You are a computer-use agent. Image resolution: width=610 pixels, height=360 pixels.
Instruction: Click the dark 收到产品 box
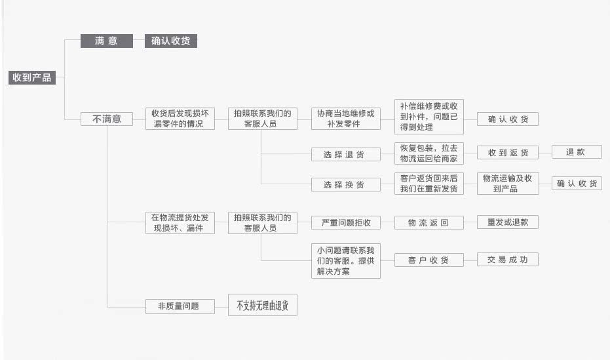(32, 77)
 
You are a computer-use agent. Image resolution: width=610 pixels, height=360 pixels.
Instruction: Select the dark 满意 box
(106, 41)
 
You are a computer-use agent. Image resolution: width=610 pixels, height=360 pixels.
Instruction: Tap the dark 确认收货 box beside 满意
(171, 41)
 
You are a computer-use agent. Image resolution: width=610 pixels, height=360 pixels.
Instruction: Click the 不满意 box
(106, 119)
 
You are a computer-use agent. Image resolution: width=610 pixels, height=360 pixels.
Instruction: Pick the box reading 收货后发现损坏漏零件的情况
(180, 119)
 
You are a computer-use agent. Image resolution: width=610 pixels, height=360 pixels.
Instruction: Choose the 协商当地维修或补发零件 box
(346, 119)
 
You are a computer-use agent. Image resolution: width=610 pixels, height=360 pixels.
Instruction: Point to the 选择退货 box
(346, 155)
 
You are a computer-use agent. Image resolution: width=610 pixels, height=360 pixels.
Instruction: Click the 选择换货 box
(346, 185)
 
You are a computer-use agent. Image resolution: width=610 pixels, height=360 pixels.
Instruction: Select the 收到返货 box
(508, 153)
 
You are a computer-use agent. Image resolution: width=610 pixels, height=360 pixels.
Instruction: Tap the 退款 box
(577, 152)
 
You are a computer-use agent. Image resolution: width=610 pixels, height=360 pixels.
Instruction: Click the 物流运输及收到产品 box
(508, 184)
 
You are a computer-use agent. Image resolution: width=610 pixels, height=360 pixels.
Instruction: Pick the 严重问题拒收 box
(346, 223)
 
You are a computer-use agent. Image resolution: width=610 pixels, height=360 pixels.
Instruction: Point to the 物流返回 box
(429, 223)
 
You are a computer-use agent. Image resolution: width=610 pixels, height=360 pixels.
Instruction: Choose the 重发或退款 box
(508, 222)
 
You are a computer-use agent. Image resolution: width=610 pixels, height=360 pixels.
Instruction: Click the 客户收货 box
(429, 260)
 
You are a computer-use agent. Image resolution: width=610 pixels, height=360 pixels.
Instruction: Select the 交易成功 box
(508, 260)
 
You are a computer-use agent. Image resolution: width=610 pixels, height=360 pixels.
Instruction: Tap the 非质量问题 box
(180, 306)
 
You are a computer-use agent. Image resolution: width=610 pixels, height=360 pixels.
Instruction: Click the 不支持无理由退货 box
(263, 306)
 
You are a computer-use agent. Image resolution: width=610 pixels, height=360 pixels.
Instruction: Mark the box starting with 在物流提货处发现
(180, 223)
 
